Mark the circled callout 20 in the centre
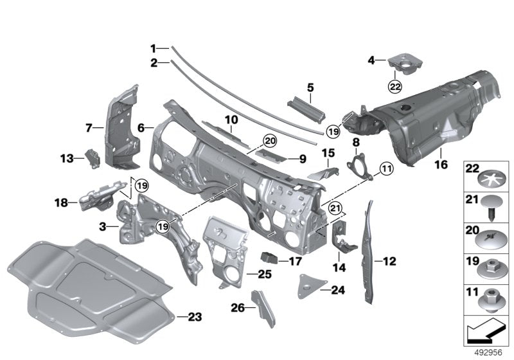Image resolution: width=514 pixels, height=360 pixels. click(x=269, y=141)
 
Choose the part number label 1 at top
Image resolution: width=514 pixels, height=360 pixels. click(x=154, y=48)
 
